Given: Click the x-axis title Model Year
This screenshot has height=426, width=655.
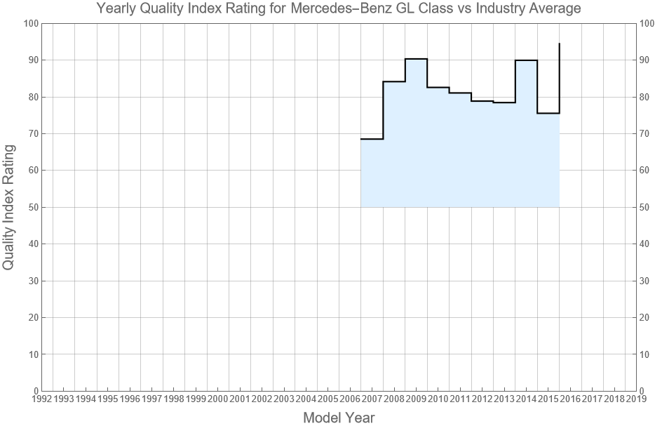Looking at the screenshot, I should (339, 418).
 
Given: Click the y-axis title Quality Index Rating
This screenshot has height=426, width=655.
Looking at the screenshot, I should (9, 207).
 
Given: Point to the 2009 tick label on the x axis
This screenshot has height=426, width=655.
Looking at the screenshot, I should (416, 399).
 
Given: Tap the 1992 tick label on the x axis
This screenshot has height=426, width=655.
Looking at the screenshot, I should (41, 399).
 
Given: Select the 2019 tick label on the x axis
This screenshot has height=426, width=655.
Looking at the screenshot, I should (636, 399).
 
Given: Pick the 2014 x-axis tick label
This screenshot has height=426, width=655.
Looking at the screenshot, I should (526, 399).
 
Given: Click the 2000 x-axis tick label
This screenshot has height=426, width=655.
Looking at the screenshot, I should (217, 399).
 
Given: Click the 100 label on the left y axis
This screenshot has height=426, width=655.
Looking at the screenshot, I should (29, 23).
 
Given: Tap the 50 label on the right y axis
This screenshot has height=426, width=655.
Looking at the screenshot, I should (647, 207).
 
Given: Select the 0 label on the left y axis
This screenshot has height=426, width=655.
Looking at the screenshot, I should (34, 391).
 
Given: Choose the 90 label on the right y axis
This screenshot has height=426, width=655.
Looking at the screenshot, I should (647, 60).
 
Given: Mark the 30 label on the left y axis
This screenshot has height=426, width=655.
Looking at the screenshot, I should (32, 281).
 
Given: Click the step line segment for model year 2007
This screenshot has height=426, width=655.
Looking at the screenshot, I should (372, 139).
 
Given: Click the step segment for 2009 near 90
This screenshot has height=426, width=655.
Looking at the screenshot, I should (416, 59).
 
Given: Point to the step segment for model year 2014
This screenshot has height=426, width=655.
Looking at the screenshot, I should (526, 60).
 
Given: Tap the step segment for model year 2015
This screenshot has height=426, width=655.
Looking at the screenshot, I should (548, 113).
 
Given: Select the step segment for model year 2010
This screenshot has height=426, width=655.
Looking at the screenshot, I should (438, 88).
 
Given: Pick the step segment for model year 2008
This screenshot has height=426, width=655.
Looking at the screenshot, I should (394, 81).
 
